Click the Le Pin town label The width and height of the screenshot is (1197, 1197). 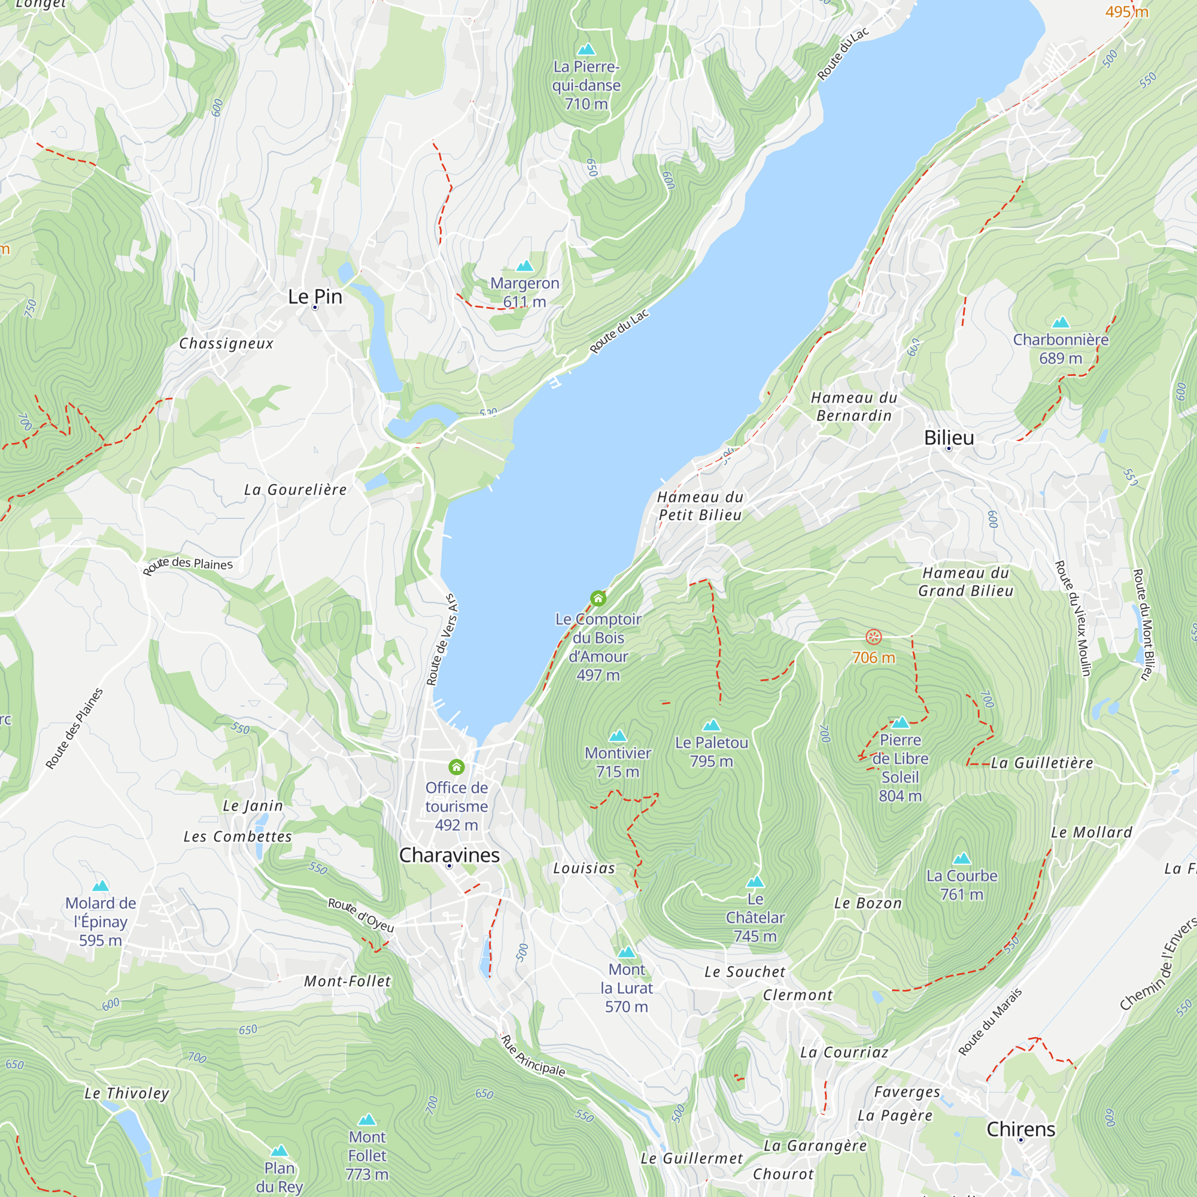[315, 297]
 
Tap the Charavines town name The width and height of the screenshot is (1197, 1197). [449, 855]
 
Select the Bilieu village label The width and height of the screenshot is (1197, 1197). [949, 438]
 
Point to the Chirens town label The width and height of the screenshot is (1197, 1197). [1020, 1129]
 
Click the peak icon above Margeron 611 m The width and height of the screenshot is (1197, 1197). [525, 266]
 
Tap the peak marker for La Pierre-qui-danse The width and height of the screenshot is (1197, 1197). [586, 50]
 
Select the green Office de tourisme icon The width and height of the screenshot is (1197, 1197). [457, 767]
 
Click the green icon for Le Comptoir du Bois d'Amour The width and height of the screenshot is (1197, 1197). [598, 598]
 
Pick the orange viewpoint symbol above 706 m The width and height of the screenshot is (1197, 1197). [874, 637]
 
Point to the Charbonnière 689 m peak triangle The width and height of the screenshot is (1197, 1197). [1061, 322]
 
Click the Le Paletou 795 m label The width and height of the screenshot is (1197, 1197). [711, 752]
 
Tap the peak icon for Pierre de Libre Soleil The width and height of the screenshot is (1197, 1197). [900, 722]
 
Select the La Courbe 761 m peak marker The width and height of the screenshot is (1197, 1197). [962, 859]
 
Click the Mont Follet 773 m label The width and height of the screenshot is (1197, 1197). [367, 1156]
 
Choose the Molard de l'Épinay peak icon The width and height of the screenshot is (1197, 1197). [101, 886]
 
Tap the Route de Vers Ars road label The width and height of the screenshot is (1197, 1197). [442, 640]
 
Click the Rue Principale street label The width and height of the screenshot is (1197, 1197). [533, 1056]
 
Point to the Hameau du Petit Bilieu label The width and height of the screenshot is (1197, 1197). [700, 506]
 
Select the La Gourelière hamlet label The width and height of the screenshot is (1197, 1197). [295, 490]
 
